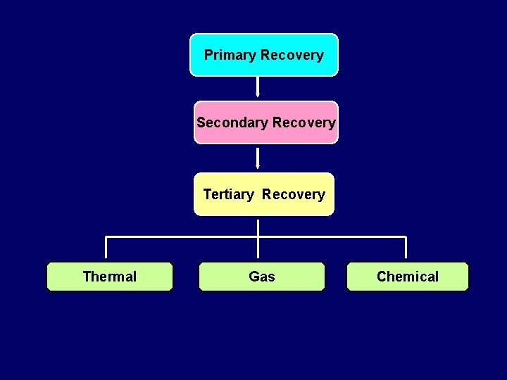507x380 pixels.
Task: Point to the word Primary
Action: coord(230,55)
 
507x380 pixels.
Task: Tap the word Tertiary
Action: coord(228,194)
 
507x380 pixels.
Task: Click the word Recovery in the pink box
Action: coord(304,122)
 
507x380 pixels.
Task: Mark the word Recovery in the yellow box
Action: coord(294,194)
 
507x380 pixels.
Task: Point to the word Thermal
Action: coord(109,277)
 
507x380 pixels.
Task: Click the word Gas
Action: coord(262,277)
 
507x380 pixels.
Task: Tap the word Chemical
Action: coord(407,277)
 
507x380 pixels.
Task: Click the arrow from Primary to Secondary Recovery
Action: coord(258,86)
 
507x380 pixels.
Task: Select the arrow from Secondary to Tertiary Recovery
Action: coord(258,158)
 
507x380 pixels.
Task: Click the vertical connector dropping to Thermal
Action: coord(106,248)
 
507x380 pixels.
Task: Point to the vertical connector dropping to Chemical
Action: coord(406,248)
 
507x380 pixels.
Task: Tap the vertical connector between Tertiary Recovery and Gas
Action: coord(258,239)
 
